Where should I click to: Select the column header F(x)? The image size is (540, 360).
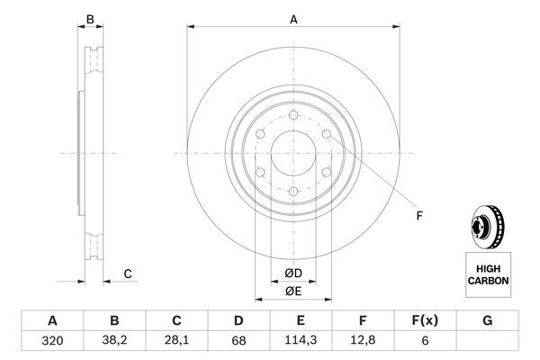(x=425, y=320)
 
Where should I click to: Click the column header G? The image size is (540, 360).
(x=487, y=320)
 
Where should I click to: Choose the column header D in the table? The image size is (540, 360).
(x=238, y=320)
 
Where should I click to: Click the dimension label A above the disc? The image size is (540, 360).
(x=293, y=17)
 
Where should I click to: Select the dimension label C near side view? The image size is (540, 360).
(x=127, y=274)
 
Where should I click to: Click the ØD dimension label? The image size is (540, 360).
(x=293, y=273)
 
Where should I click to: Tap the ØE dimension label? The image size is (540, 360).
(x=293, y=291)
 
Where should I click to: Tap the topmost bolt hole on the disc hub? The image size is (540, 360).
(x=293, y=114)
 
